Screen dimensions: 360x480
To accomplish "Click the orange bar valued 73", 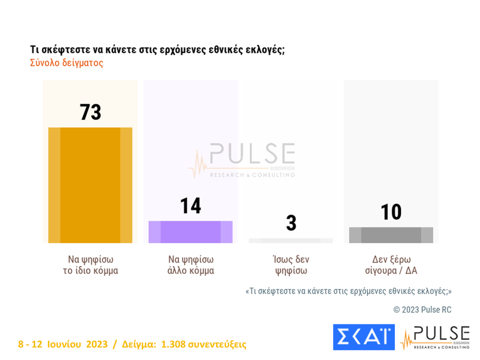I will [90, 185].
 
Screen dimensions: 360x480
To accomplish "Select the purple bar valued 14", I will [190, 232].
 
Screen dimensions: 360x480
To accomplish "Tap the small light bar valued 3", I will [291, 241].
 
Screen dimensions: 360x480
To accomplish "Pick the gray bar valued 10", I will [391, 235].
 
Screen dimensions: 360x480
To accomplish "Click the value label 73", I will [91, 112].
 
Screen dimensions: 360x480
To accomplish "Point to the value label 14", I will [191, 206].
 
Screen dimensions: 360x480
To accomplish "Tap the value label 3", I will [291, 223].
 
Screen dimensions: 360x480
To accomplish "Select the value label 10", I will [391, 212].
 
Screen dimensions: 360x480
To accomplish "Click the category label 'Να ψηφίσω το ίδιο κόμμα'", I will [91, 265].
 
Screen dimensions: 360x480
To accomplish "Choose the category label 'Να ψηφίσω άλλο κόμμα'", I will [191, 265].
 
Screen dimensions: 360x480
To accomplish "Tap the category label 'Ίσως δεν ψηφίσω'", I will [291, 265].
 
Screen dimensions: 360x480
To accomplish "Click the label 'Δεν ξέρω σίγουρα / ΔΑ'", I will [391, 265].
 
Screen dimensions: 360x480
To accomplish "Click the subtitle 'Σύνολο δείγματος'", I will [67, 63].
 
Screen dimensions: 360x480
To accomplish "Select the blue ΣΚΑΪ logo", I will [363, 338].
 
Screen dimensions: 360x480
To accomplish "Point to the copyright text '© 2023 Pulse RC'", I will [422, 310].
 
